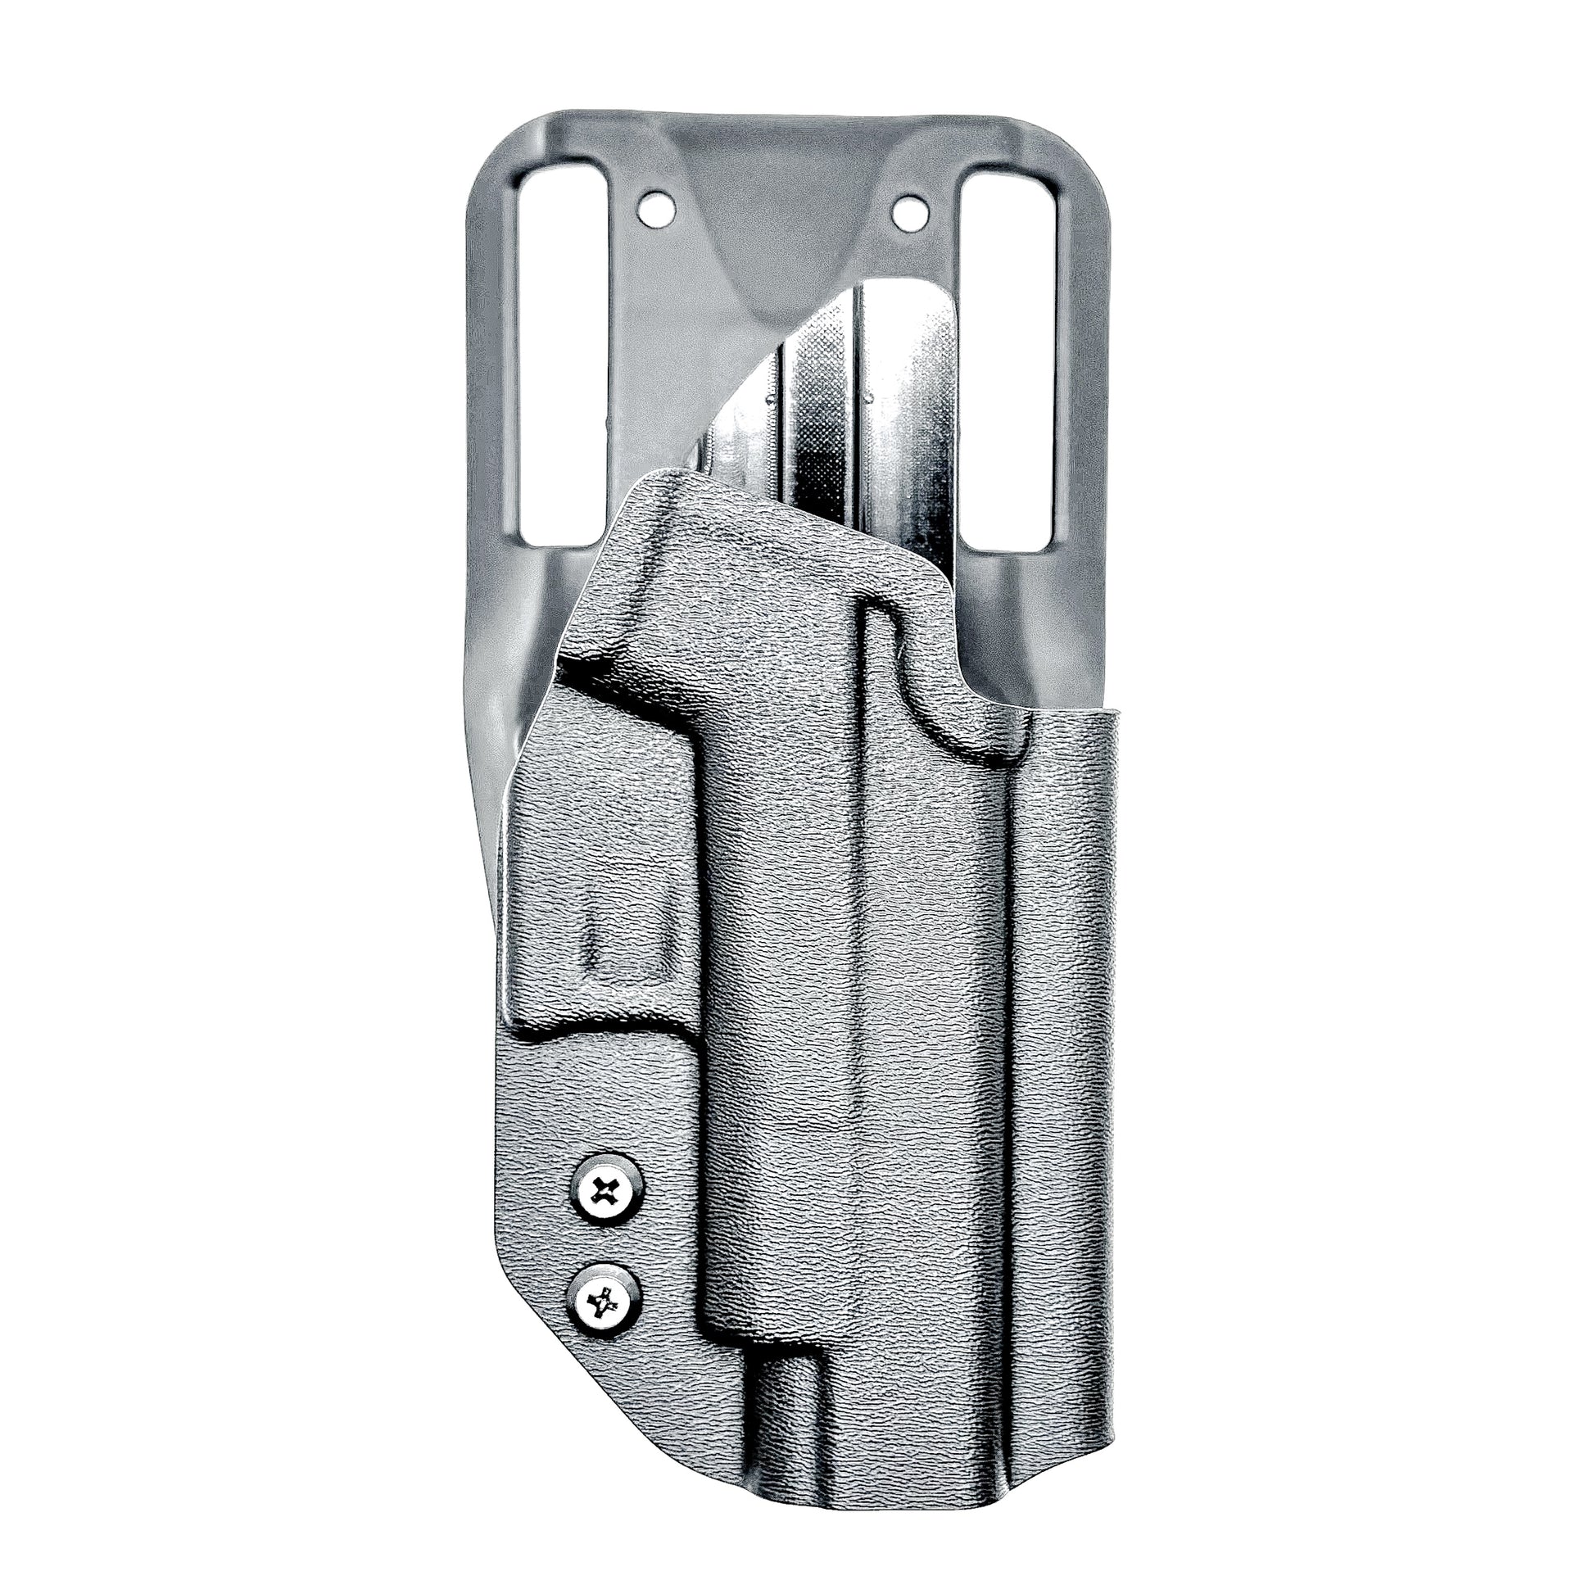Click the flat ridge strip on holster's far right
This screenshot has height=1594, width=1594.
[1072, 1031]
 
